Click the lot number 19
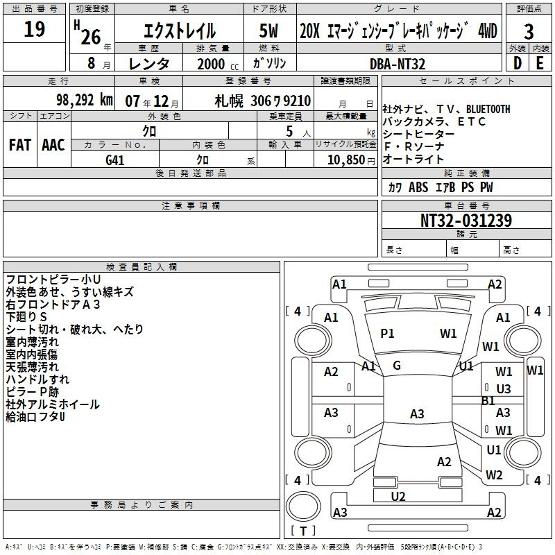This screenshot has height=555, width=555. click(34, 29)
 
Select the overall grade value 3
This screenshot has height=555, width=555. click(529, 32)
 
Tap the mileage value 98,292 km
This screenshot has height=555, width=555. click(84, 100)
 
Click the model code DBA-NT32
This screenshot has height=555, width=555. click(397, 64)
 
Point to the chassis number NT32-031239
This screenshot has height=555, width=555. click(466, 221)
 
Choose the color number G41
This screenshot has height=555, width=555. click(114, 160)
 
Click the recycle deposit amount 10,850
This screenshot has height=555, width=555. click(345, 160)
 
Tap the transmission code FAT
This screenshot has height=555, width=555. click(20, 145)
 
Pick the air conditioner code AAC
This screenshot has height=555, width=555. click(53, 145)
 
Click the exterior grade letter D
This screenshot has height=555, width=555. click(518, 63)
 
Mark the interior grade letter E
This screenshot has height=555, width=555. click(540, 63)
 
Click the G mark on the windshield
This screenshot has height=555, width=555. click(397, 366)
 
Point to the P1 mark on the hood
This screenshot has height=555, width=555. click(387, 334)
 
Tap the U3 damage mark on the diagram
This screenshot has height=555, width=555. click(504, 389)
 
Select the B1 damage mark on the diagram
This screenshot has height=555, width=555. click(488, 401)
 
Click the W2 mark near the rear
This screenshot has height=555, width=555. click(494, 475)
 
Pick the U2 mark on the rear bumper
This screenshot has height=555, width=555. click(398, 497)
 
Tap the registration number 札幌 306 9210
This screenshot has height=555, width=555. click(263, 101)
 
